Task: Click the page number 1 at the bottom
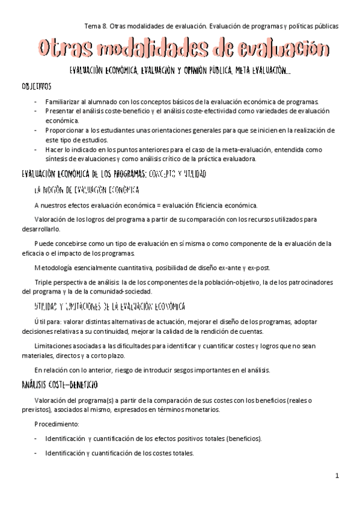pos(337,476)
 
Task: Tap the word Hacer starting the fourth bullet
pos(55,149)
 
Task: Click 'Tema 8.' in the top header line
pos(94,26)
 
